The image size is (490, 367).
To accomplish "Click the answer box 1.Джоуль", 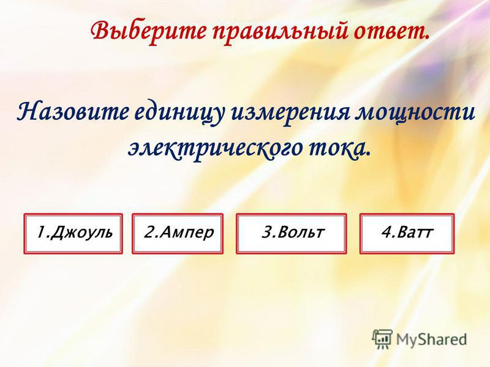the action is (x=73, y=234).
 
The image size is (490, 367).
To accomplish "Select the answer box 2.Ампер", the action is (x=178, y=234).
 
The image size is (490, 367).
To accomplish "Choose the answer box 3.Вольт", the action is (x=292, y=234).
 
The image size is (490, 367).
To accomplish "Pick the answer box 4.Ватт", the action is (x=407, y=234).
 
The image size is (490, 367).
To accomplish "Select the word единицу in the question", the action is (x=179, y=113).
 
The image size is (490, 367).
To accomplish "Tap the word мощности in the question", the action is (x=416, y=113).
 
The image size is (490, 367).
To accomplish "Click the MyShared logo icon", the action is (x=382, y=339).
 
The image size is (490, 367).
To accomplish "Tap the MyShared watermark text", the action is (x=431, y=339).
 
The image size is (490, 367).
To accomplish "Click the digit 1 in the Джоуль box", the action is (x=41, y=232).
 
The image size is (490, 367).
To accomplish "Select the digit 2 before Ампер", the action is (x=149, y=232).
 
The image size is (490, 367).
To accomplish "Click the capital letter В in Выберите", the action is (x=100, y=31).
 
